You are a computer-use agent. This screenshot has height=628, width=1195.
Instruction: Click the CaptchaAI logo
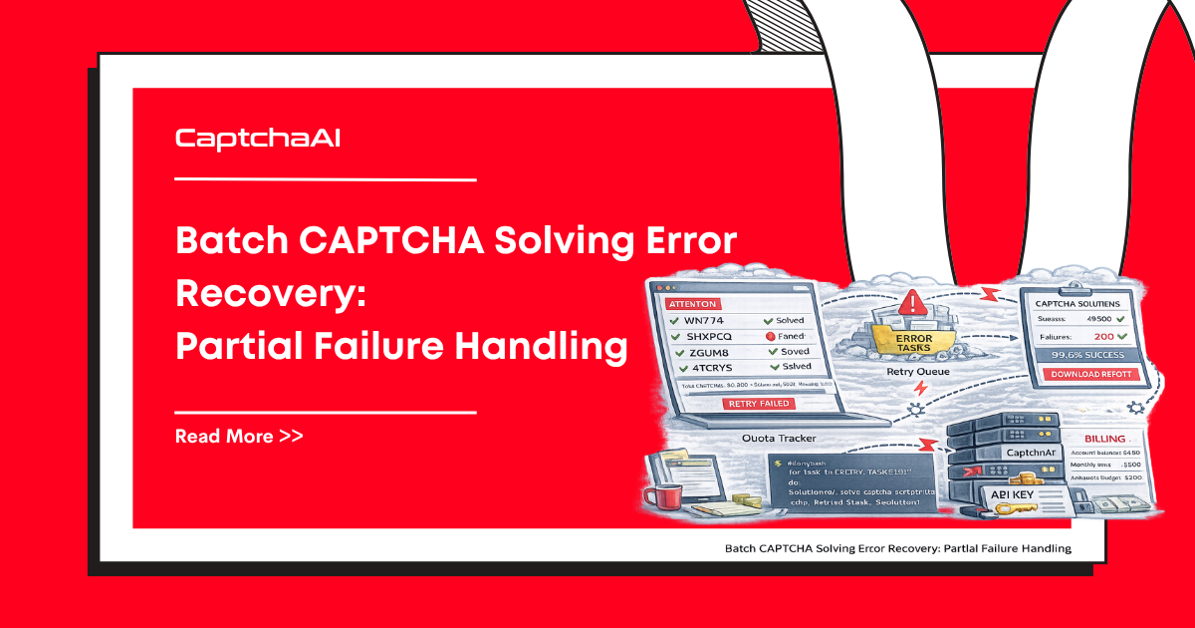(x=258, y=139)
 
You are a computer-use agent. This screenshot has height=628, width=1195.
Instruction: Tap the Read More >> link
(x=239, y=437)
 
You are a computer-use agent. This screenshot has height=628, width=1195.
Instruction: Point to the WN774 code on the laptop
(x=696, y=321)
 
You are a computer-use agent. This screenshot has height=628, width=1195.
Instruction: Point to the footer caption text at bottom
(x=897, y=548)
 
